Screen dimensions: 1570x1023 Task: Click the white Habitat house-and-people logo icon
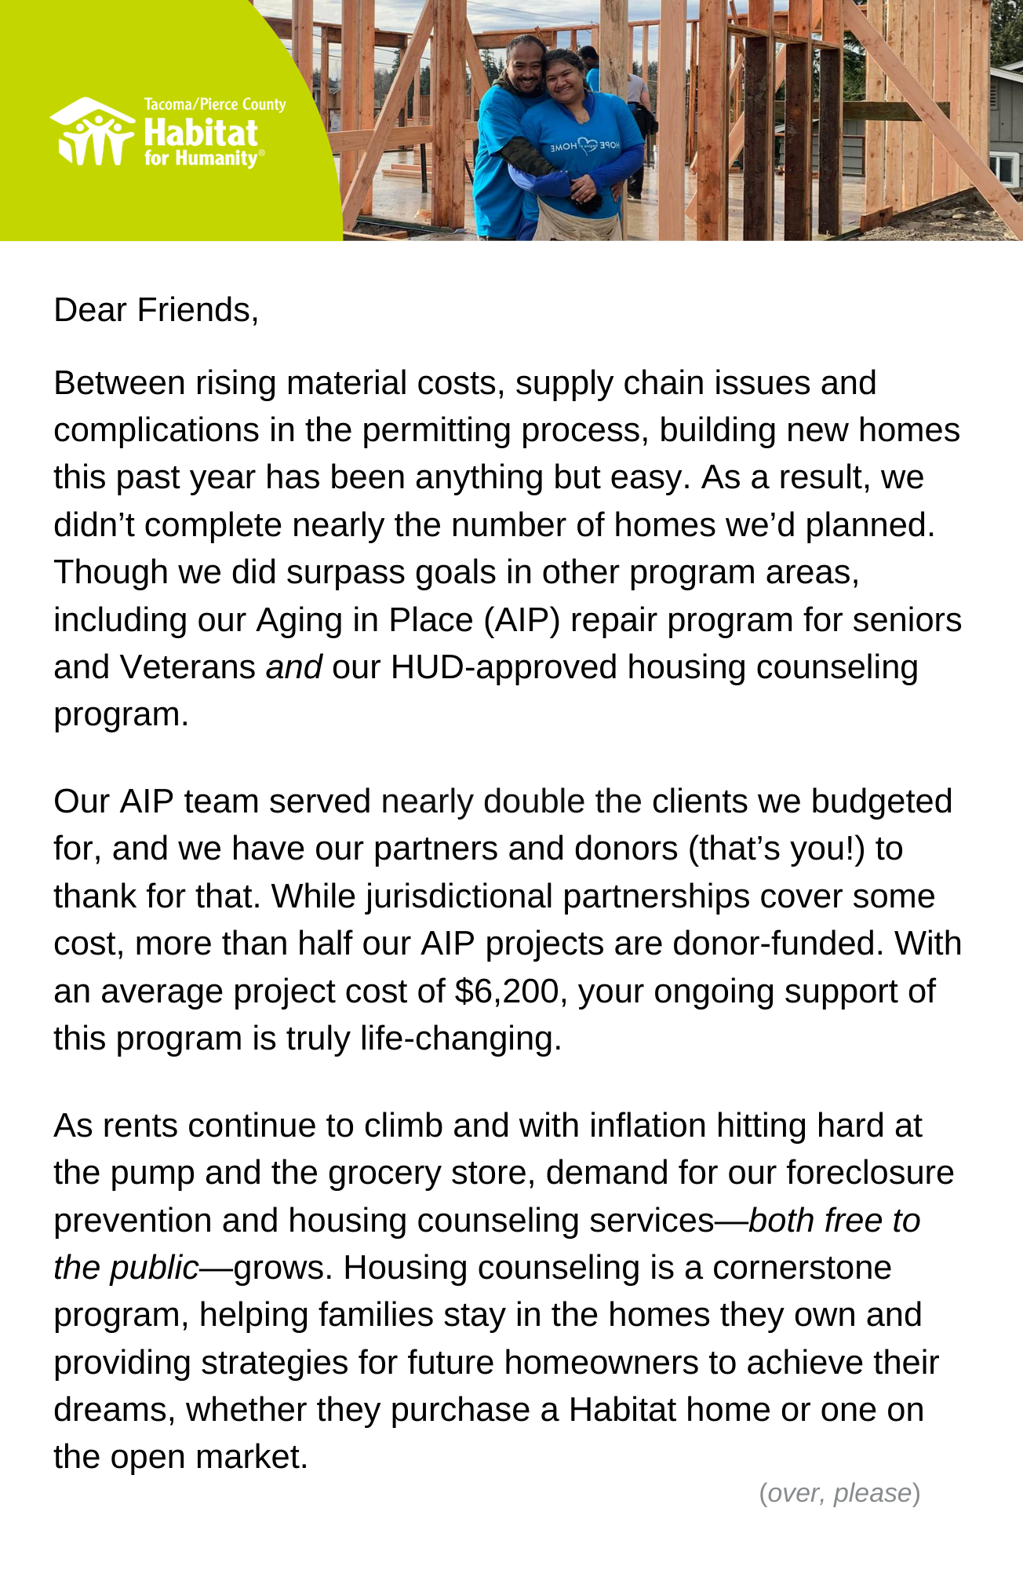(93, 131)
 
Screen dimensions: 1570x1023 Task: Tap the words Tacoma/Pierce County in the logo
(214, 104)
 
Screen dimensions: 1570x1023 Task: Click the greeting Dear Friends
(155, 310)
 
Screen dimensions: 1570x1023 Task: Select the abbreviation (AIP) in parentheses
(522, 620)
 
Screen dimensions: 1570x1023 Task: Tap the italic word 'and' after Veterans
(294, 667)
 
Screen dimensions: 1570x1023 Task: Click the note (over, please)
(839, 1492)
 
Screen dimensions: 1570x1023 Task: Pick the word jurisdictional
(459, 896)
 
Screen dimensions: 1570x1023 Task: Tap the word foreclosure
(870, 1173)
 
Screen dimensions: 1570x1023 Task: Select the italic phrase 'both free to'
(835, 1221)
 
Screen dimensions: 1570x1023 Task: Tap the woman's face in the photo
(566, 78)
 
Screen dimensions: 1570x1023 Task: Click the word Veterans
(187, 667)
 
